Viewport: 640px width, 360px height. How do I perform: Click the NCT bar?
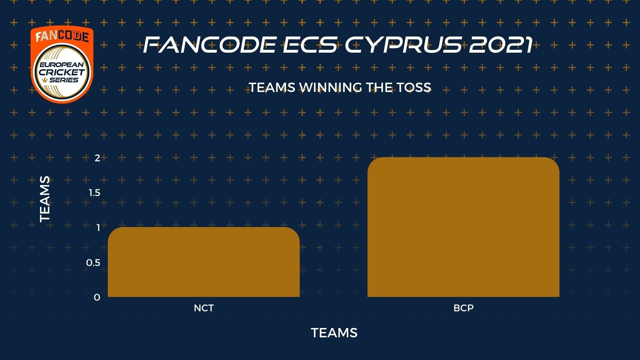pyautogui.click(x=204, y=262)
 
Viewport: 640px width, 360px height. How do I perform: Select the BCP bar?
pyautogui.click(x=463, y=227)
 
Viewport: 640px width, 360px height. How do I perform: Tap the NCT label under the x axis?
pyautogui.click(x=204, y=308)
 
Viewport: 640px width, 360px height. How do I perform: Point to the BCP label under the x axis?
pyautogui.click(x=463, y=308)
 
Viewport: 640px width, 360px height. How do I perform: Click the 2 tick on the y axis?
pyautogui.click(x=97, y=158)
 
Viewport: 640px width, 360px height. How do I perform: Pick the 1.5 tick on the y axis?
pyautogui.click(x=94, y=193)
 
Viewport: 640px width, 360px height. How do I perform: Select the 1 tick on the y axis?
pyautogui.click(x=98, y=228)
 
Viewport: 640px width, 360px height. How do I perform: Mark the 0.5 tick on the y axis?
pyautogui.click(x=93, y=263)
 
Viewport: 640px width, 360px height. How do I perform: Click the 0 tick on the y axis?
pyautogui.click(x=97, y=297)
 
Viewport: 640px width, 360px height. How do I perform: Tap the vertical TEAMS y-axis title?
pyautogui.click(x=45, y=199)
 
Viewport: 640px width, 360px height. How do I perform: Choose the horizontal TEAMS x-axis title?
pyautogui.click(x=334, y=333)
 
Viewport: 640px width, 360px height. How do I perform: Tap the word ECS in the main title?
pyautogui.click(x=310, y=45)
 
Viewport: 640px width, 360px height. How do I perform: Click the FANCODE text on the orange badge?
pyautogui.click(x=62, y=36)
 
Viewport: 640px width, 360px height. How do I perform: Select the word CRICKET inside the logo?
pyautogui.click(x=62, y=72)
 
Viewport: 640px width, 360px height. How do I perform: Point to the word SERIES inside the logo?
pyautogui.click(x=64, y=80)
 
